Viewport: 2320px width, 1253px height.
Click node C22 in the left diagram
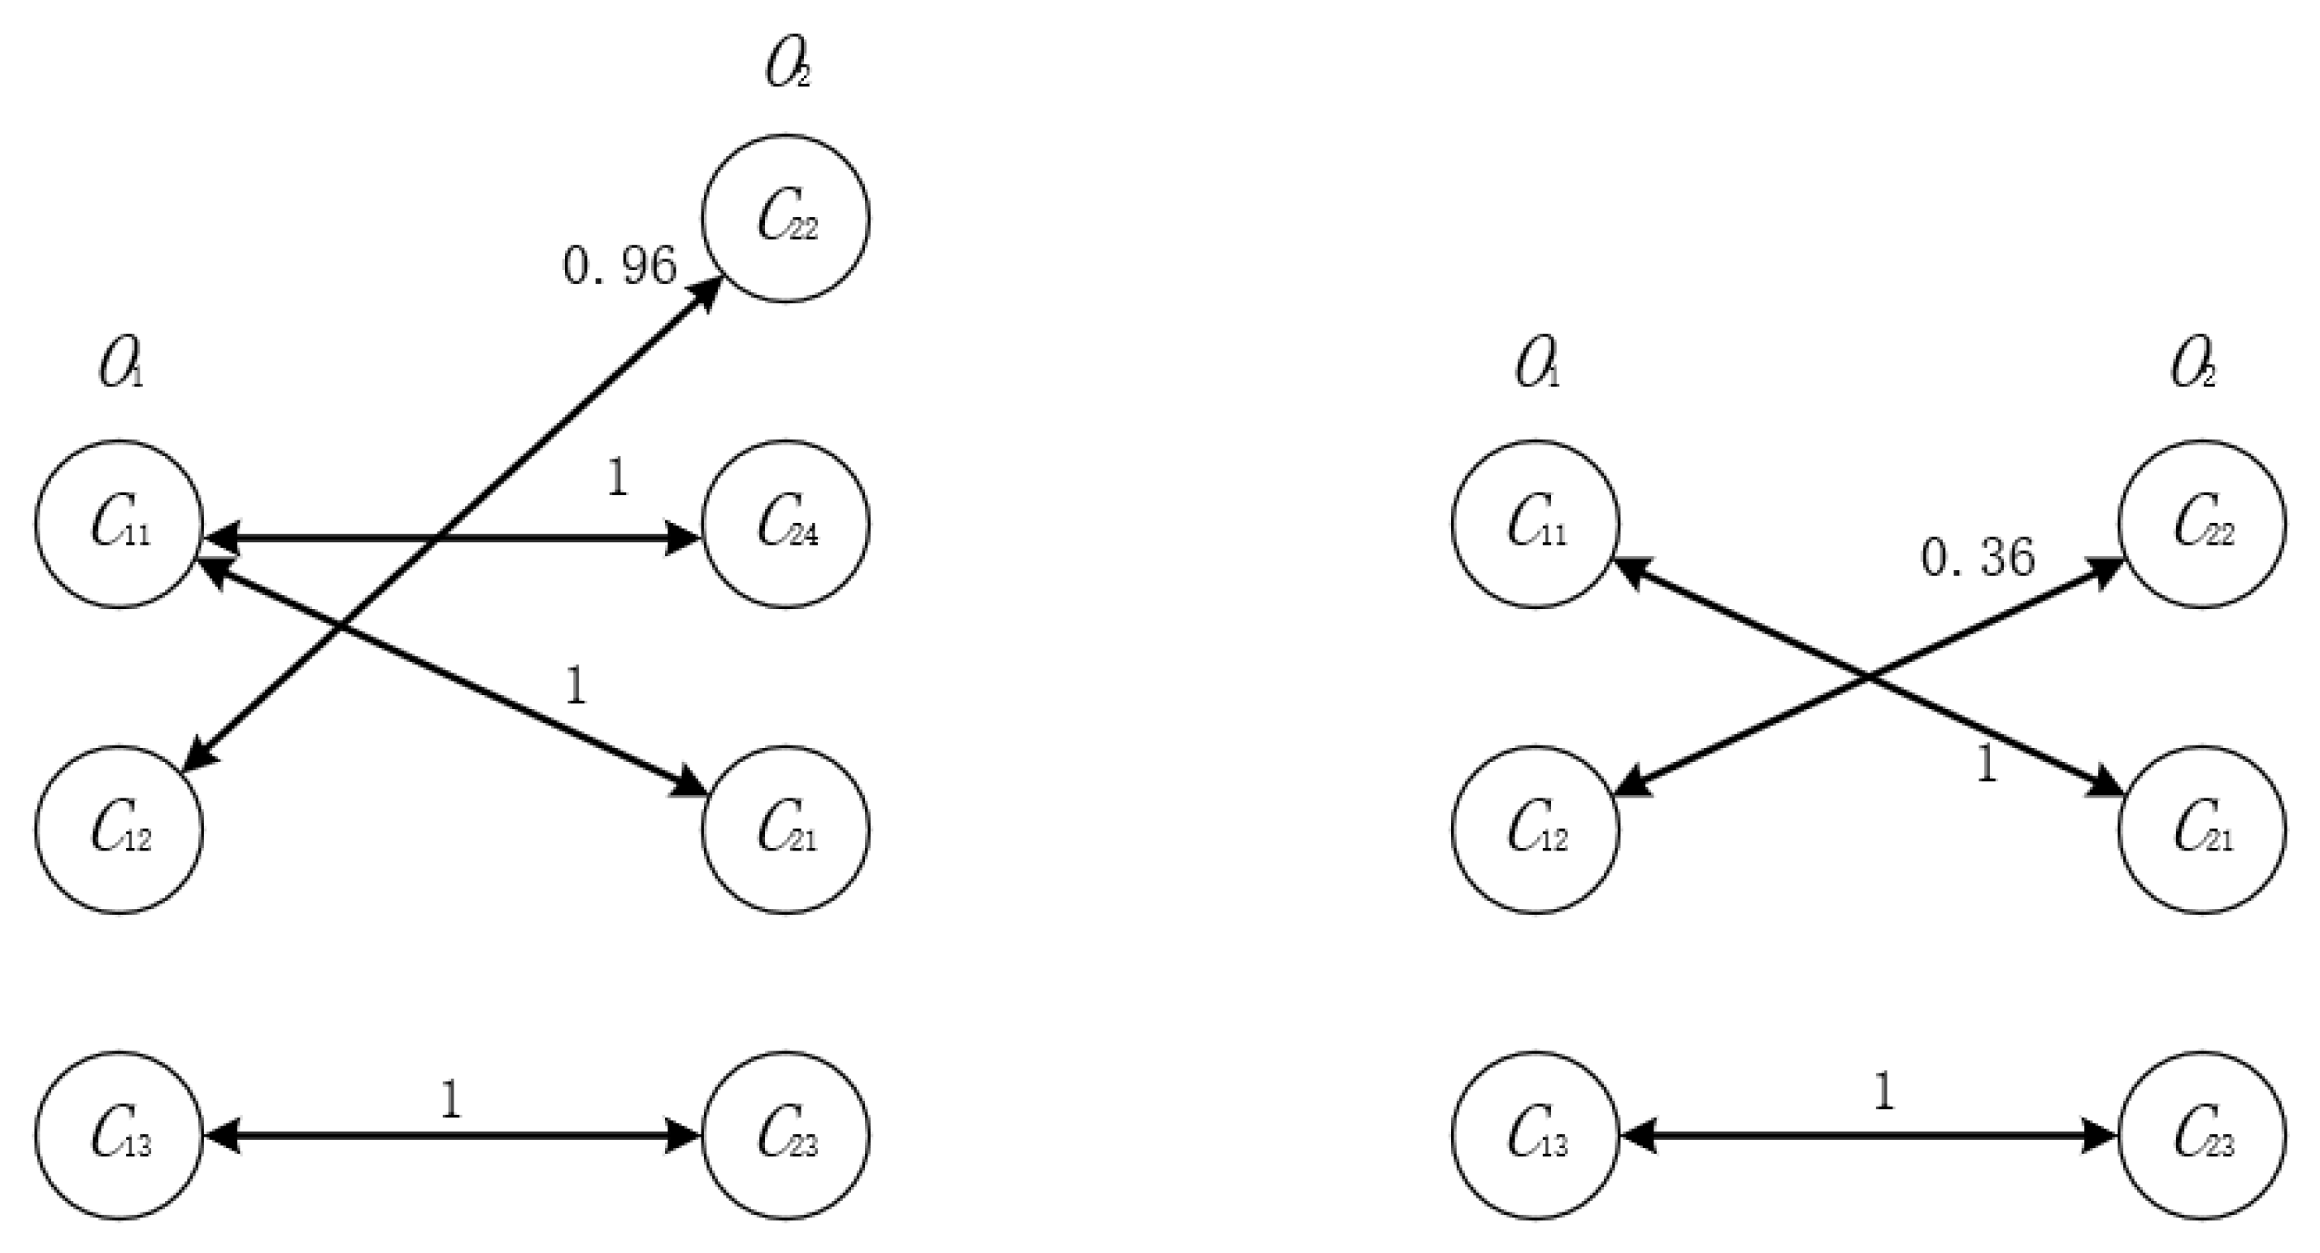(785, 218)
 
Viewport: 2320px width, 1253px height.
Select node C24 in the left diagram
(785, 524)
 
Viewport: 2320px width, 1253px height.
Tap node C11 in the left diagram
(119, 524)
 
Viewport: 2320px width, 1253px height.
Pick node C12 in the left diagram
(119, 829)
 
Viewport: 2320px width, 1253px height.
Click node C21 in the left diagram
(785, 829)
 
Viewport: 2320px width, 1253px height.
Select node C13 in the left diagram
(119, 1136)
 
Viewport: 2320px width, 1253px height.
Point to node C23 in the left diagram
(785, 1136)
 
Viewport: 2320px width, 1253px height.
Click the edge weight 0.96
(619, 266)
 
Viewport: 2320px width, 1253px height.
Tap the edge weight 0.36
(1978, 558)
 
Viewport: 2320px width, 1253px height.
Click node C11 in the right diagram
(1536, 524)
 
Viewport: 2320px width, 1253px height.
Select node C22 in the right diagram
(2202, 524)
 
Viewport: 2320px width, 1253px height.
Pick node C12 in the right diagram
(1536, 829)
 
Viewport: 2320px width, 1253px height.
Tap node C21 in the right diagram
(2202, 829)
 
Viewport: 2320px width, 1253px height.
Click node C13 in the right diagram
(1536, 1136)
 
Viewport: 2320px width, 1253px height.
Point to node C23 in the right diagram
(2202, 1136)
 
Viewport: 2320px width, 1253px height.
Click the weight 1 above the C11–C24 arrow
(618, 478)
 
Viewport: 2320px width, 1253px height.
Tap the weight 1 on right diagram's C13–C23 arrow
(1884, 1093)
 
